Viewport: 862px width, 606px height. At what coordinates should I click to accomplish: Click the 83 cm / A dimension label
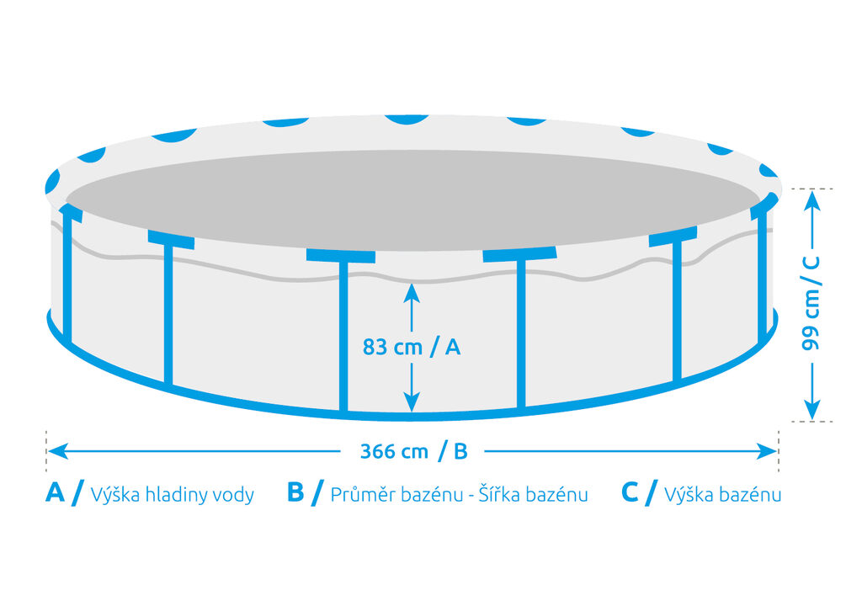[x=411, y=347]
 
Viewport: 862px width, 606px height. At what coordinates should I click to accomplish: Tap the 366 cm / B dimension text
[x=413, y=451]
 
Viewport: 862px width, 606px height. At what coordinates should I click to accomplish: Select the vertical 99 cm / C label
[x=811, y=303]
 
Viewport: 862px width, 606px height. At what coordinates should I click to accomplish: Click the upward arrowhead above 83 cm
[x=412, y=293]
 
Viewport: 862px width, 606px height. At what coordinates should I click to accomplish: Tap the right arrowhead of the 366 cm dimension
[x=767, y=451]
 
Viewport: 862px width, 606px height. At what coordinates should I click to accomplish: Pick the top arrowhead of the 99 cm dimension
[x=812, y=201]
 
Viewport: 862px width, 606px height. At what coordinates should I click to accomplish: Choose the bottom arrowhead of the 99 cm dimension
[x=812, y=409]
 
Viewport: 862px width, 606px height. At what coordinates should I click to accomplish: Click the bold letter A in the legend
[x=55, y=492]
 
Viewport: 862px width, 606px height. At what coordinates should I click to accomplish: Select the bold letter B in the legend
[x=295, y=492]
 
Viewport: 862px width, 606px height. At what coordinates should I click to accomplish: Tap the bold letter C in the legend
[x=630, y=492]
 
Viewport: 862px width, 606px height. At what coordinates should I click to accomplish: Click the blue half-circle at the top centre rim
[x=407, y=120]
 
